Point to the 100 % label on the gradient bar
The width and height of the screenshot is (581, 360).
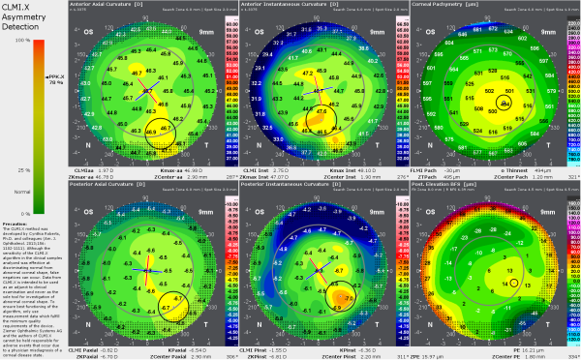21,41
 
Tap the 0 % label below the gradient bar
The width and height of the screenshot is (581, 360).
21,212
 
